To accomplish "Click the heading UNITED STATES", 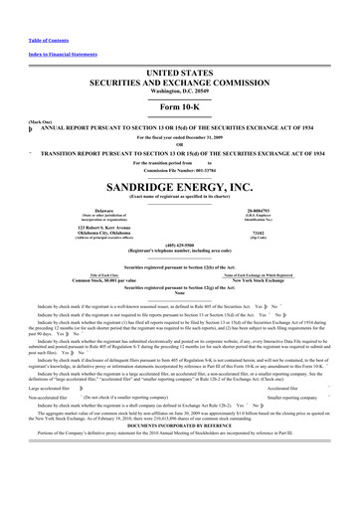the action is coord(180,47).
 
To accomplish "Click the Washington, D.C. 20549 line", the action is coord(180,66).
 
